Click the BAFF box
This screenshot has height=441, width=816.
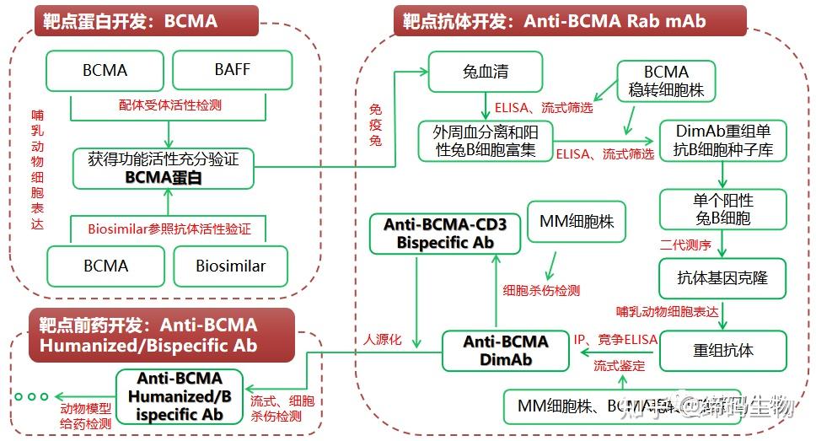(x=232, y=70)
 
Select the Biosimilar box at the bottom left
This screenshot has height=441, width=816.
(x=230, y=266)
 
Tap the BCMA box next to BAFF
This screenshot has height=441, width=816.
(x=105, y=70)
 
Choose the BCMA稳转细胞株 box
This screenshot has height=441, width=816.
(x=666, y=81)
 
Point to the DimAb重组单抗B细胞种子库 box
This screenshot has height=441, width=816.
(x=723, y=141)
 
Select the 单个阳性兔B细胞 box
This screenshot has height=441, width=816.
(x=722, y=209)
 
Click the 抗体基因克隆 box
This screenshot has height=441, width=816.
(x=722, y=277)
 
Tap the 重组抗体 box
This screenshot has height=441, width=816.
(x=722, y=350)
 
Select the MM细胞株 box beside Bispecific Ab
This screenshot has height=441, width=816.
(x=577, y=223)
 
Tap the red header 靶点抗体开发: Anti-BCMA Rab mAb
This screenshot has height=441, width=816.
(x=570, y=20)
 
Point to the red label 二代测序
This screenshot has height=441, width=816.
(x=685, y=245)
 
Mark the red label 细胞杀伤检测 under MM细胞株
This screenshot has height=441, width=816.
(x=541, y=290)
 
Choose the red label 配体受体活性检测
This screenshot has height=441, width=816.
(x=170, y=105)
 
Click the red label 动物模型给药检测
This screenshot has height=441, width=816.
(x=85, y=417)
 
